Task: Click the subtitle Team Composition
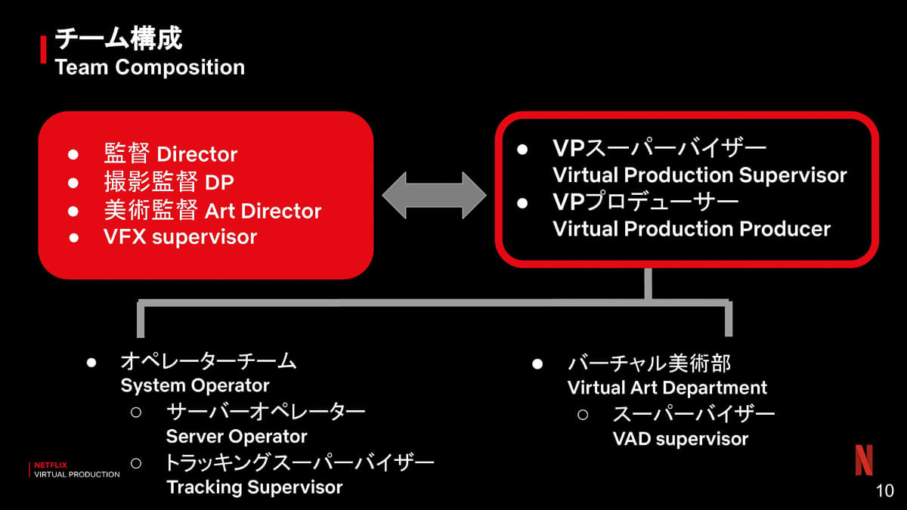150,67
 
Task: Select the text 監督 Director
170,155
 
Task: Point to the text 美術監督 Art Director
212,211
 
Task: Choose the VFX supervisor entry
180,237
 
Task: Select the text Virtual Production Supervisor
699,175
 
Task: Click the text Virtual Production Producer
691,229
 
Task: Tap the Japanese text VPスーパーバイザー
660,148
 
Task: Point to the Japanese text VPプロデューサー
645,202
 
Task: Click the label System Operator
195,385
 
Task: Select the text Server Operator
237,437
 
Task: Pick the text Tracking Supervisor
254,487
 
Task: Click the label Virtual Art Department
667,388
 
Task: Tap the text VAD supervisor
679,439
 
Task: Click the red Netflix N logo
863,460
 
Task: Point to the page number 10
884,490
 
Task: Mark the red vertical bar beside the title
42,51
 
